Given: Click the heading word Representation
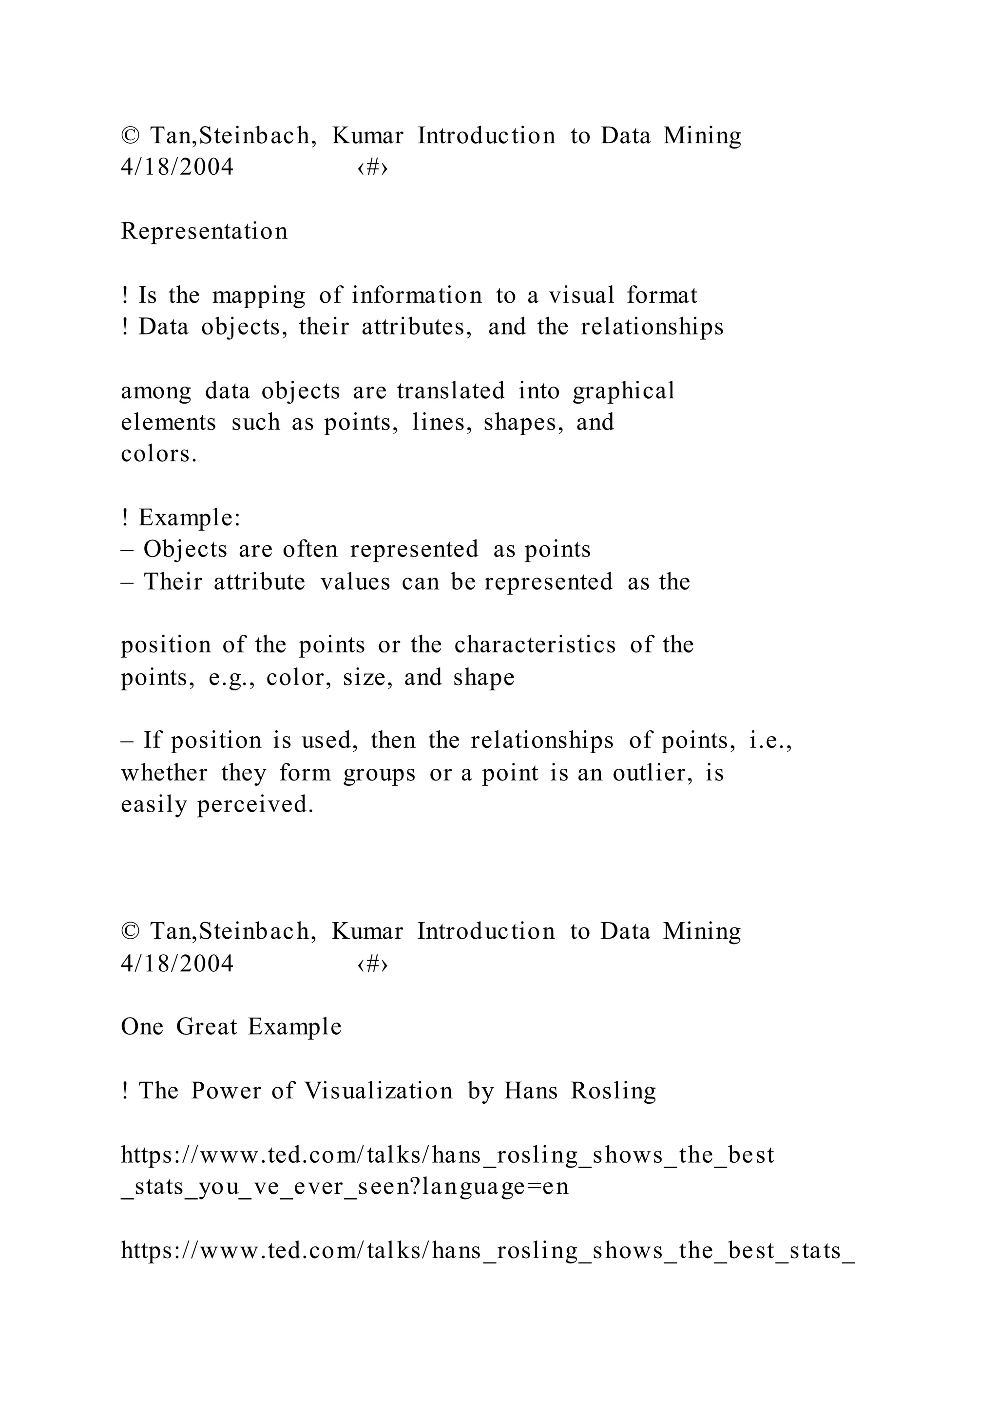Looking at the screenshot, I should pyautogui.click(x=204, y=232).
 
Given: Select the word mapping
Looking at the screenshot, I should pyautogui.click(x=259, y=296).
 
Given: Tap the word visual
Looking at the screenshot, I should pyautogui.click(x=581, y=296).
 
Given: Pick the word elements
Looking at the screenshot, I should pyautogui.click(x=169, y=423).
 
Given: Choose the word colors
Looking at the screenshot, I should pyautogui.click(x=158, y=454).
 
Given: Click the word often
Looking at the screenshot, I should pyautogui.click(x=310, y=549).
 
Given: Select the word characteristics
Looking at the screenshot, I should pyautogui.click(x=535, y=645).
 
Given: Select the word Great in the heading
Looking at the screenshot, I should pyautogui.click(x=207, y=1027).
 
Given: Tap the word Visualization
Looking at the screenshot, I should pyautogui.click(x=379, y=1091).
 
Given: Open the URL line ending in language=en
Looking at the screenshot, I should pyautogui.click(x=345, y=1187).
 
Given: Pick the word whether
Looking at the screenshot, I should pyautogui.click(x=164, y=773).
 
